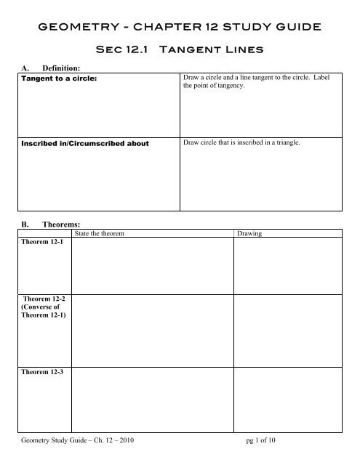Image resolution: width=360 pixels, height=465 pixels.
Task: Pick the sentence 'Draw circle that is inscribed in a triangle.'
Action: tap(238, 142)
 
